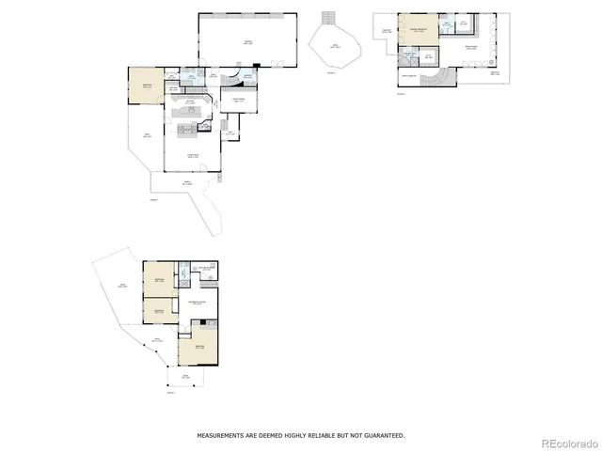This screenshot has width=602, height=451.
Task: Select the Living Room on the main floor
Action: click(193, 154)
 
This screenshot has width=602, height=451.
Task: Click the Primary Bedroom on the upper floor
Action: click(419, 30)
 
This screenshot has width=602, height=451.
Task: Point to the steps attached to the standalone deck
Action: click(327, 18)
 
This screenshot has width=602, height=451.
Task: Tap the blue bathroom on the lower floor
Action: click(186, 277)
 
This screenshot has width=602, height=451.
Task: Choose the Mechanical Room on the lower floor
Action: click(204, 271)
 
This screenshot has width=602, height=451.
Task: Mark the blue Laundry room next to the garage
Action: click(246, 77)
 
